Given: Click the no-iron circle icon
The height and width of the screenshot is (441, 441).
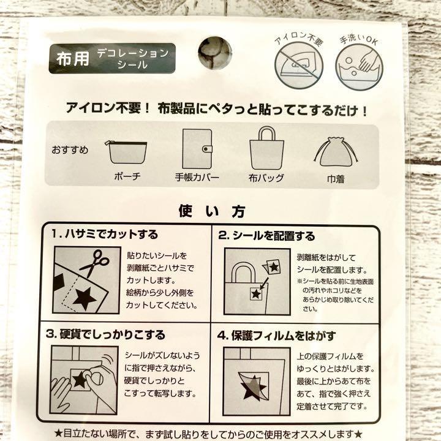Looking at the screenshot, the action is (x=299, y=66).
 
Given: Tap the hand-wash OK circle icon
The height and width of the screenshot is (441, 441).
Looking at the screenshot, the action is (x=359, y=67).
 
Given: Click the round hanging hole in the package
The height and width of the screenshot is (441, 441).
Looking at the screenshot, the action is (x=215, y=53).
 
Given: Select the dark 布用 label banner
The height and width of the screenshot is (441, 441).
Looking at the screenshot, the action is (x=112, y=59).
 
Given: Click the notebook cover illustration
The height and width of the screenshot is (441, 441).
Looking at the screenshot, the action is (x=197, y=149).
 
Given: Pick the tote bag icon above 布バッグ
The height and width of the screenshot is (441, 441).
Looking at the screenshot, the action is (x=266, y=148).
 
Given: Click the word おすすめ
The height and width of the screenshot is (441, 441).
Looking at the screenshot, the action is (x=70, y=150).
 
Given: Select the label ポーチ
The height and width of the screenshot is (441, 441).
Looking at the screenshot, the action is (x=127, y=176).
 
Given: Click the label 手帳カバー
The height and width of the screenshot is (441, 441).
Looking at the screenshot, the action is (x=197, y=177).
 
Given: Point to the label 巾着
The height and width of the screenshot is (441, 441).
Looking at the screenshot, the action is (x=336, y=179).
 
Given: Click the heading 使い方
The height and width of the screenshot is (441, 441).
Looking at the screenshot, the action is (x=212, y=211).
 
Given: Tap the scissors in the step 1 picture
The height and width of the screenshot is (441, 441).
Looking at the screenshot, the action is (x=94, y=263).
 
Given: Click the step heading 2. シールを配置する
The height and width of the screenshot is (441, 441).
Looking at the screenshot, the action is (x=266, y=236).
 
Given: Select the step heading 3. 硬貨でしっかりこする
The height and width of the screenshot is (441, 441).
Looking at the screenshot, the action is (x=105, y=334).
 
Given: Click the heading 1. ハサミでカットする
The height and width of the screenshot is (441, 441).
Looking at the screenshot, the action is (x=105, y=234).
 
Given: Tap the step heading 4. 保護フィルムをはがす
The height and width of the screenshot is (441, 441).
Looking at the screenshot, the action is (x=276, y=336).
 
